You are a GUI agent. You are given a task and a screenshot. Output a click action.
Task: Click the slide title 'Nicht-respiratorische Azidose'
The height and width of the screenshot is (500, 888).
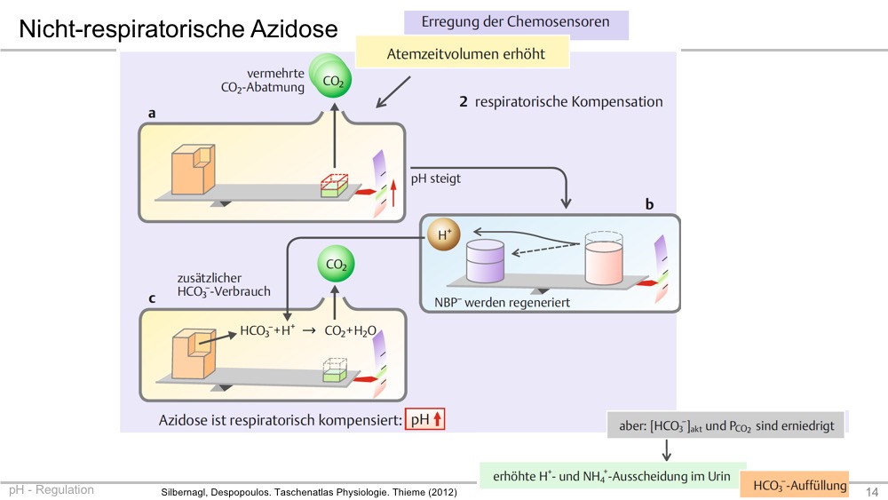click(178, 29)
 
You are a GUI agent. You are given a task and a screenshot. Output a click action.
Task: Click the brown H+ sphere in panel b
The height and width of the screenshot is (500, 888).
click(444, 234)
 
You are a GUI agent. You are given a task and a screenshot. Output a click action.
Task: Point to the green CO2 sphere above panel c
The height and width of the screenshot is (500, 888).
click(336, 264)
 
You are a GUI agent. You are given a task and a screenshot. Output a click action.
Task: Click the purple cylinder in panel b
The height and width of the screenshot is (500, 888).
click(485, 261)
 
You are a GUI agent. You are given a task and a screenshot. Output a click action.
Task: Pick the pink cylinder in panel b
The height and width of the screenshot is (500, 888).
click(604, 258)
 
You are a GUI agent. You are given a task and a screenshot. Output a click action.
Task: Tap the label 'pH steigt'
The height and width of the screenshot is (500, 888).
click(435, 179)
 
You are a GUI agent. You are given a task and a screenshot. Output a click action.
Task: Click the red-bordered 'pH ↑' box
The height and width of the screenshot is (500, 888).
click(424, 419)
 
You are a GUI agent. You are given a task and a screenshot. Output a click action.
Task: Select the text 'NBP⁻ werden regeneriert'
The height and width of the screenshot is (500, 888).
click(502, 302)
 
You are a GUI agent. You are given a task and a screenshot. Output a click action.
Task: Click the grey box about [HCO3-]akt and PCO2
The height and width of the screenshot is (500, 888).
click(725, 425)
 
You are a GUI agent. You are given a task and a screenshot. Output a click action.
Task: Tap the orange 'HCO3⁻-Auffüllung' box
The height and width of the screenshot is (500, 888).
click(795, 485)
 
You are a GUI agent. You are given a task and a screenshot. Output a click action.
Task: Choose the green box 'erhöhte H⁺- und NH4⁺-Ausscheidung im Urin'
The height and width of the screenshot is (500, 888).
click(612, 476)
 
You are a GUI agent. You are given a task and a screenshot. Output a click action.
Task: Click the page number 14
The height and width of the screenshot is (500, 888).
click(872, 491)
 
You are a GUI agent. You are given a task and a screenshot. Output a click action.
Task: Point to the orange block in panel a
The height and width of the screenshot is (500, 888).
click(193, 169)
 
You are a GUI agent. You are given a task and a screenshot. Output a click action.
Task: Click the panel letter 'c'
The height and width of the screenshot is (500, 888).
click(152, 298)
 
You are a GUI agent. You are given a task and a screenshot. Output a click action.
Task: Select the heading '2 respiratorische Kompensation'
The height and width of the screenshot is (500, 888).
click(560, 102)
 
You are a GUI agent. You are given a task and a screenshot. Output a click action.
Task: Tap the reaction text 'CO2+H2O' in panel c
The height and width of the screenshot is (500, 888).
click(350, 331)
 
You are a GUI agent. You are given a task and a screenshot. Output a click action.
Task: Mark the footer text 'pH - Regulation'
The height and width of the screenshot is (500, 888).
click(52, 490)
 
